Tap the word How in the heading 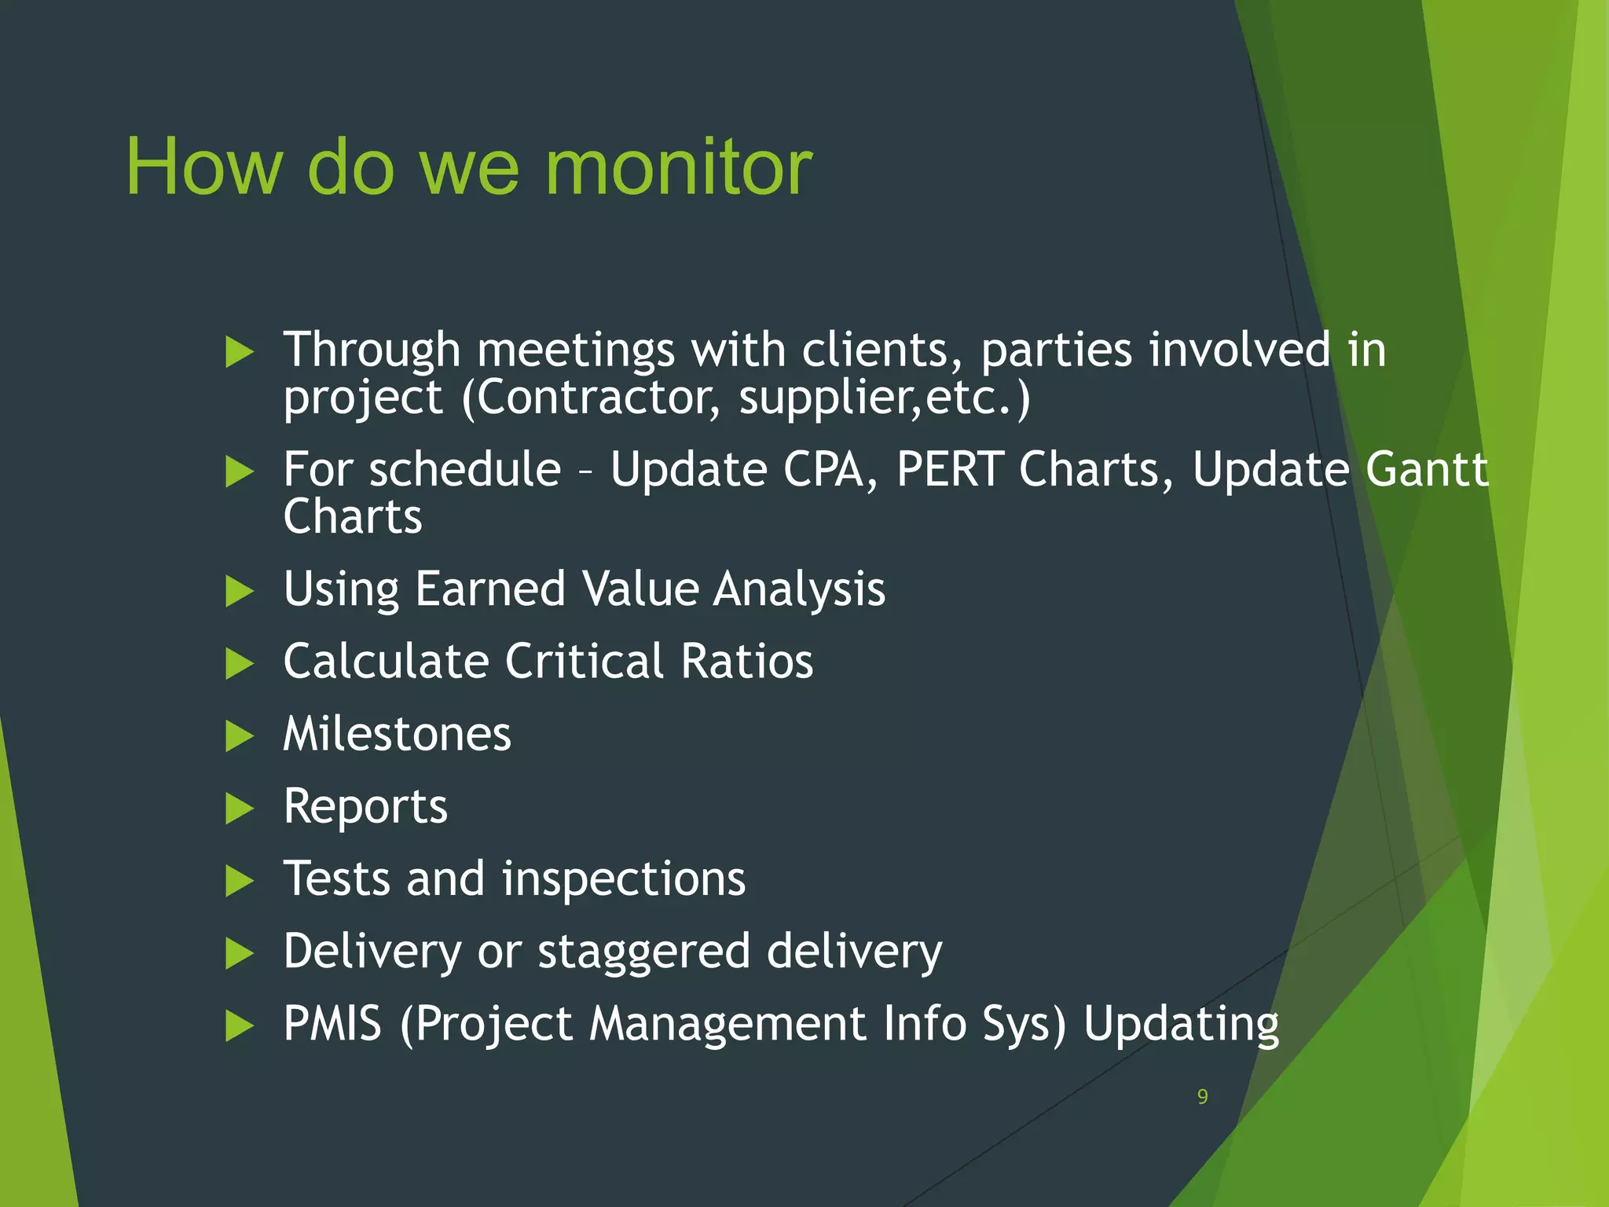[203, 167]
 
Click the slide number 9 [1202, 1097]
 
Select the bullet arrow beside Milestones [239, 736]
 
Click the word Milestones [397, 734]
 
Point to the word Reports [365, 807]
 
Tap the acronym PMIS [332, 1024]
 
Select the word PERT [950, 470]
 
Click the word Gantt [1426, 470]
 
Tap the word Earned [490, 589]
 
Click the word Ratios [746, 661]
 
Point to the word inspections [624, 879]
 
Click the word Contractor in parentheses [597, 398]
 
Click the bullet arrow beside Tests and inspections [239, 881]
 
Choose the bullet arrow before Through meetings [239, 351]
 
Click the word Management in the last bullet [728, 1024]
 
